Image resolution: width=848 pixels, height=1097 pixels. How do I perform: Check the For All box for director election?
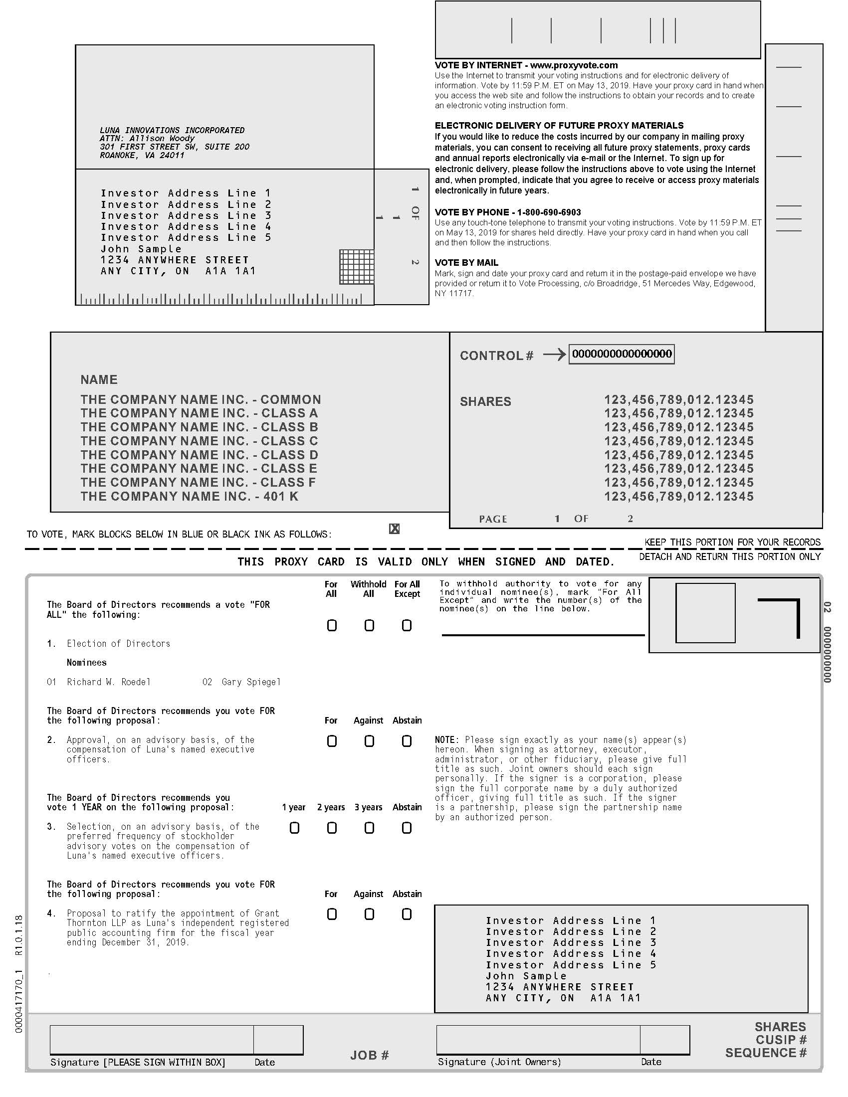pyautogui.click(x=332, y=625)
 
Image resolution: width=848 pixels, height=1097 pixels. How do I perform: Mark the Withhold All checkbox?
pyautogui.click(x=369, y=625)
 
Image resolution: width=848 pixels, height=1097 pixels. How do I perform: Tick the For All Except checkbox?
pyautogui.click(x=407, y=625)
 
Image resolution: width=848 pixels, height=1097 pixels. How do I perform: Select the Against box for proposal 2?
pyautogui.click(x=369, y=741)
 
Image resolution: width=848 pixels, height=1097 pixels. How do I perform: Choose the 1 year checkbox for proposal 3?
pyautogui.click(x=295, y=828)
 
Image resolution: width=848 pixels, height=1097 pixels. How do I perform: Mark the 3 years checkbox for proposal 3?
pyautogui.click(x=369, y=828)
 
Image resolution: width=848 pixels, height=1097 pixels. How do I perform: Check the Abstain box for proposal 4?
pyautogui.click(x=407, y=914)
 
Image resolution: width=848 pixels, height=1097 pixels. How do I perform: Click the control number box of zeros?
pyautogui.click(x=622, y=354)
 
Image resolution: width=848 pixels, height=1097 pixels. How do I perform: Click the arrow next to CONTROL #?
pyautogui.click(x=554, y=355)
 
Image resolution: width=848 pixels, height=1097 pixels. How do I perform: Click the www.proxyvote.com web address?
pyautogui.click(x=574, y=65)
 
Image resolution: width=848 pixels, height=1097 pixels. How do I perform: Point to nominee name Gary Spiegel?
pyautogui.click(x=251, y=682)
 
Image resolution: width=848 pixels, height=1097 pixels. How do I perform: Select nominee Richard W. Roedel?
pyautogui.click(x=109, y=682)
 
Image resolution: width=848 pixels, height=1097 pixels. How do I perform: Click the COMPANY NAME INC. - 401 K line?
pyautogui.click(x=190, y=496)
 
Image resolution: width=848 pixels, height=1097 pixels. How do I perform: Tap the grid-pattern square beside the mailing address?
pyautogui.click(x=357, y=267)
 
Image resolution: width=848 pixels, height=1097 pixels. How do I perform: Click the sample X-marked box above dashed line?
pyautogui.click(x=395, y=529)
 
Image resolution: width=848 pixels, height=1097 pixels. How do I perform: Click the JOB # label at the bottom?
pyautogui.click(x=370, y=1055)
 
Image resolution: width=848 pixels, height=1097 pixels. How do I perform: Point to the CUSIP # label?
pyautogui.click(x=781, y=1040)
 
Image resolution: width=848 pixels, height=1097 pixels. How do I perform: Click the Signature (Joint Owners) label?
pyautogui.click(x=499, y=1062)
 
